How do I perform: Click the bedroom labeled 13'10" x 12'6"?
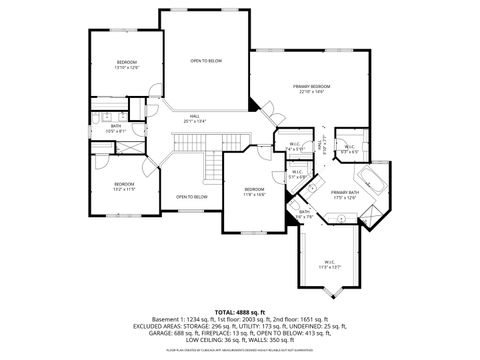[x=125, y=64]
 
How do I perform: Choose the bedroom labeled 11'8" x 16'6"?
[x=254, y=191]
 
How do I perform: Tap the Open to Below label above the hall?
[x=206, y=61]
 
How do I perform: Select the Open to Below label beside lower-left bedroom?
[x=191, y=197]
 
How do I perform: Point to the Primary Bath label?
[x=345, y=194]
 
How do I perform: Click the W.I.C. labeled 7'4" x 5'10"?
[x=296, y=147]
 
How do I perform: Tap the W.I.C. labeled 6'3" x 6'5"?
[x=350, y=148]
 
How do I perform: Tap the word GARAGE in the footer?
[x=148, y=332]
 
